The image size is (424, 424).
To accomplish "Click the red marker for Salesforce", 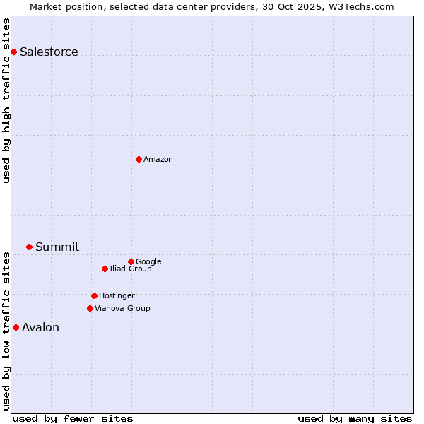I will pyautogui.click(x=13, y=52).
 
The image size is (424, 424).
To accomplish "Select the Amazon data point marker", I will pyautogui.click(x=139, y=159).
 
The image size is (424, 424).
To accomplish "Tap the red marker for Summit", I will pyautogui.click(x=29, y=247).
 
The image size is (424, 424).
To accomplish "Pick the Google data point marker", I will pyautogui.click(x=131, y=261).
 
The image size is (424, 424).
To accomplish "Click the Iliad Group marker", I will pyautogui.click(x=105, y=269).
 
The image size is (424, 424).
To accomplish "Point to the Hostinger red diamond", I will pyautogui.click(x=94, y=295).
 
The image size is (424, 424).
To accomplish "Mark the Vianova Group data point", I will pyautogui.click(x=90, y=308).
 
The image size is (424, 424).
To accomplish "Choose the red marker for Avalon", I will pyautogui.click(x=16, y=327).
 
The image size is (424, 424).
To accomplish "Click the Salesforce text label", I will pyautogui.click(x=49, y=52).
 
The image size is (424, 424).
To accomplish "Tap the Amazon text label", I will pyautogui.click(x=158, y=159).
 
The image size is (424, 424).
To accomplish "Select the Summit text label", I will pyautogui.click(x=57, y=247).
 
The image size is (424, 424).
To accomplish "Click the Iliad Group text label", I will pyautogui.click(x=131, y=269).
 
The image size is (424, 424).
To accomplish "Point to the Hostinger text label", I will pyautogui.click(x=117, y=295).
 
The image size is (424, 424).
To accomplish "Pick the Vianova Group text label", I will pyautogui.click(x=122, y=308).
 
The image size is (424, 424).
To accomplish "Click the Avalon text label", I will pyautogui.click(x=40, y=327).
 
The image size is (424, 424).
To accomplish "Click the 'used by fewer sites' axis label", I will pyautogui.click(x=73, y=418).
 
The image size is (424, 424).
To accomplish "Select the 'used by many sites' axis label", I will pyautogui.click(x=355, y=418).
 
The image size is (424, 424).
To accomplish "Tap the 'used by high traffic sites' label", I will pyautogui.click(x=6, y=100).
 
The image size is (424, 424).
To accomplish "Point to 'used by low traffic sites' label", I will pyautogui.click(x=6, y=331).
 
